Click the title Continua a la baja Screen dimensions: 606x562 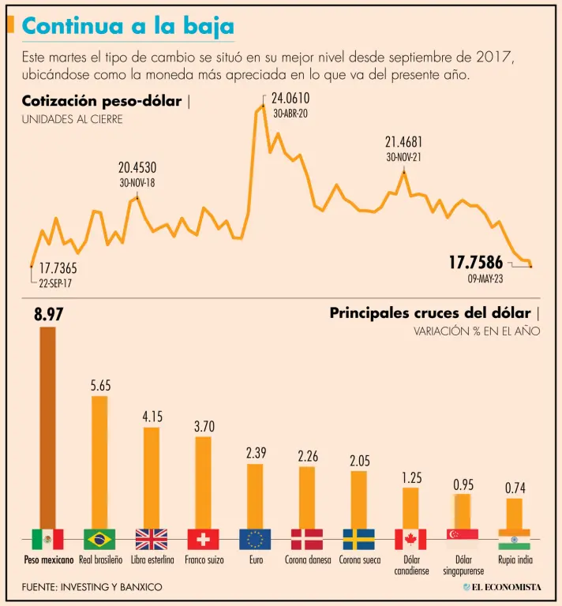point(127,26)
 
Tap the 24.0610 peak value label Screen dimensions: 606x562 point(290,99)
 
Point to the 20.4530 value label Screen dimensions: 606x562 point(137,167)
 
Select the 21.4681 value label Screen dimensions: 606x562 point(403,142)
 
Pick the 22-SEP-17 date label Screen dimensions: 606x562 point(60,282)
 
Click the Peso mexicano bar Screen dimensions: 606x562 point(47,426)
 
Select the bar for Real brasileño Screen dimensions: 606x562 point(99,461)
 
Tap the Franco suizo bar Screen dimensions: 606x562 point(203,481)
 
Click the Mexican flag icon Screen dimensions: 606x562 point(47,539)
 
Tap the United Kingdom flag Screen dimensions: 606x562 point(152,539)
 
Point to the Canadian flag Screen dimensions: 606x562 point(410,539)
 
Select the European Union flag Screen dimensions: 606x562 point(255,539)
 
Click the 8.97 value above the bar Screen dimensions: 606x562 point(47,315)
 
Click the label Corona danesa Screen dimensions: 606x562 point(307,560)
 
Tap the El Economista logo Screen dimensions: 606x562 point(502,587)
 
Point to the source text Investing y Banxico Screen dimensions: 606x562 point(92,587)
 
